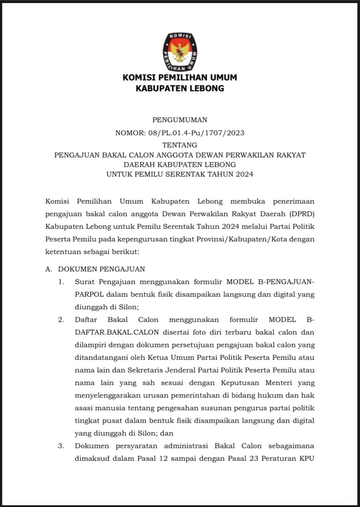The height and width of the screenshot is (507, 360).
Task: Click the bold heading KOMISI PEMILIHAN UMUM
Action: pyautogui.click(x=180, y=78)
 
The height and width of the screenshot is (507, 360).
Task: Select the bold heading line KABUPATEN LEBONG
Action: pyautogui.click(x=180, y=89)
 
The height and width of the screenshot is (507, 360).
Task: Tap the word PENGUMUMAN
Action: pyautogui.click(x=180, y=120)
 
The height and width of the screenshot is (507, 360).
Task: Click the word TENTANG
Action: pyautogui.click(x=180, y=145)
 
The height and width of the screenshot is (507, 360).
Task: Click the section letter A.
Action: pyautogui.click(x=48, y=269)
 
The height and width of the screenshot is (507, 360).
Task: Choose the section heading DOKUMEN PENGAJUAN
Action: pyautogui.click(x=102, y=269)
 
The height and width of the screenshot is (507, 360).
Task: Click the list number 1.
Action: pyautogui.click(x=62, y=282)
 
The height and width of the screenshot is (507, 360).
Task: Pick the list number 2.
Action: pyautogui.click(x=62, y=320)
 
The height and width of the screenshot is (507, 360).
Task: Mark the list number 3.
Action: pyautogui.click(x=62, y=446)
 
